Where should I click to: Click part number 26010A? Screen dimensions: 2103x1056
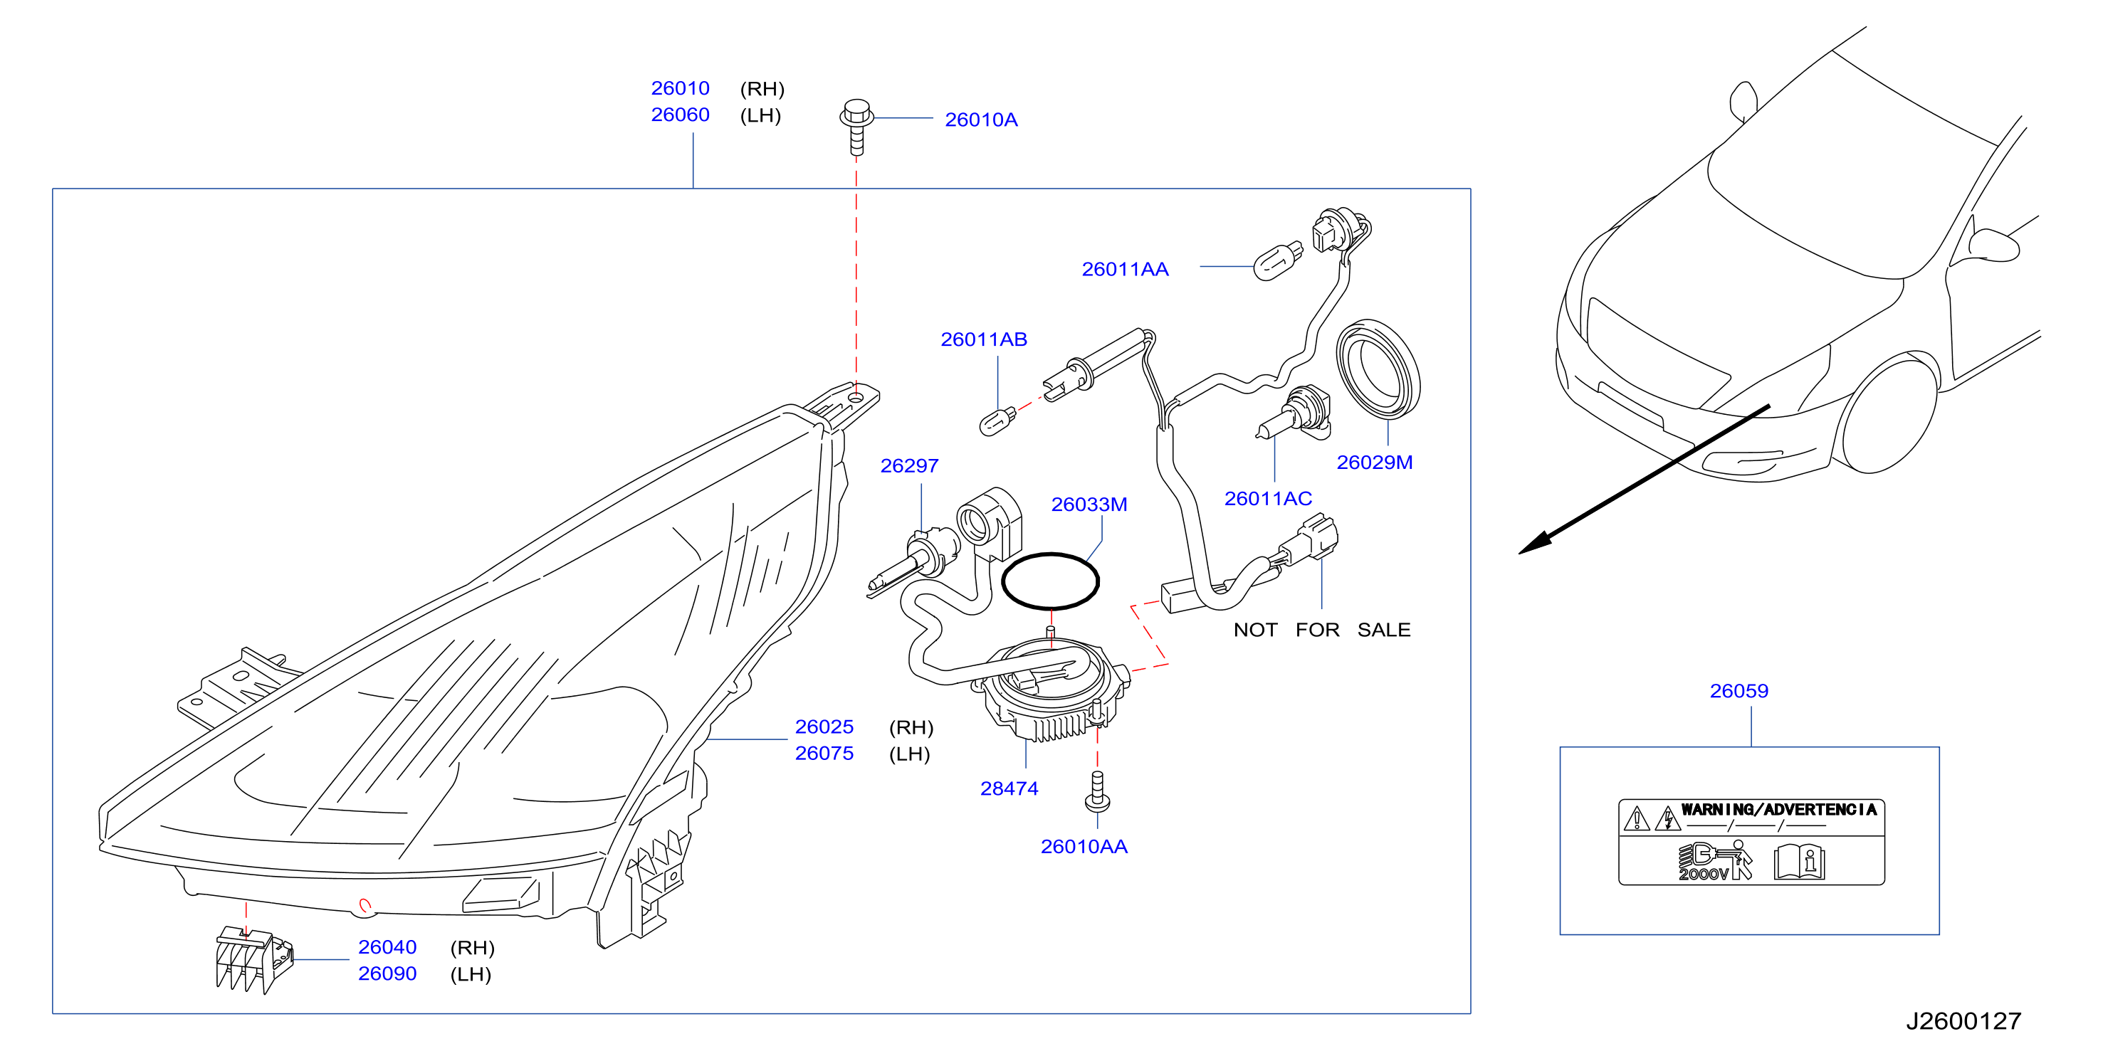point(980,120)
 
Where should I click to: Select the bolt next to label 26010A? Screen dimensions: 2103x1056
point(856,127)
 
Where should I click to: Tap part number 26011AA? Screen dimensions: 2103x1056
point(1125,269)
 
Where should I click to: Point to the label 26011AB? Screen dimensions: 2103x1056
point(984,339)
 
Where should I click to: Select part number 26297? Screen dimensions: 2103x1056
point(909,466)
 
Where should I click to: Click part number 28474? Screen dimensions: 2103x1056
point(1009,789)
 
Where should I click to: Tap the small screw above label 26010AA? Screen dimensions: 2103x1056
point(1097,791)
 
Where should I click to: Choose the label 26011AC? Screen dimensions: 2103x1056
point(1268,499)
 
